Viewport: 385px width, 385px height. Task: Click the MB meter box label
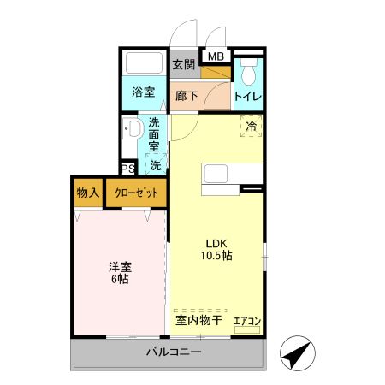pos(216,57)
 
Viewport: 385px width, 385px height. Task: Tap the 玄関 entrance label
pos(183,64)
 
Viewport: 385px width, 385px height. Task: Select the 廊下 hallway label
pos(187,97)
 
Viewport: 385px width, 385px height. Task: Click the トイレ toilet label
pos(248,97)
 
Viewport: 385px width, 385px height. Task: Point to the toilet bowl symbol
pos(248,70)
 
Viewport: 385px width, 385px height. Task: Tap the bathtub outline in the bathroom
pos(144,64)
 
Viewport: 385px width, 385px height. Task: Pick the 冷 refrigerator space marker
pos(251,127)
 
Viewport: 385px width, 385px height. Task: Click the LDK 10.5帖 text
pos(217,248)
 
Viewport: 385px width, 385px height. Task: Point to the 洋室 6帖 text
pos(119,272)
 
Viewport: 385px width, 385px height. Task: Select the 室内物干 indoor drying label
pos(198,321)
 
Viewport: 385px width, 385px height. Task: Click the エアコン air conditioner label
pos(247,322)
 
